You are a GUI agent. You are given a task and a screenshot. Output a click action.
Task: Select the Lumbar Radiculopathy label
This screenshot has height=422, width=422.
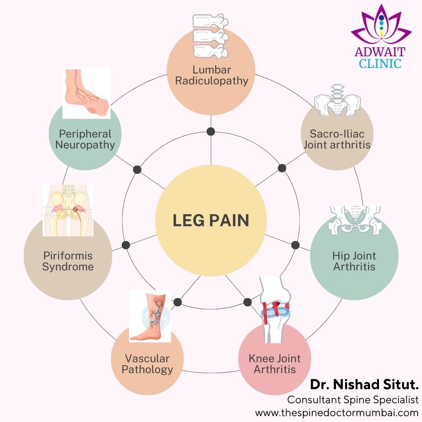click(x=211, y=75)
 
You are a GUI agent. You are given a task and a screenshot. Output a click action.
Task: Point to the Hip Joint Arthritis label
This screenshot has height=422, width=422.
click(x=354, y=261)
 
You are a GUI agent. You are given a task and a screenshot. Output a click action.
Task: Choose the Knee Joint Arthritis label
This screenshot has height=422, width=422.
click(x=275, y=363)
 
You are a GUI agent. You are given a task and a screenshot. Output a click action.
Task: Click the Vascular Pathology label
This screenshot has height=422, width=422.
click(x=147, y=364)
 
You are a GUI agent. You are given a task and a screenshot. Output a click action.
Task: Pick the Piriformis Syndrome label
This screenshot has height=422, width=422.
click(x=68, y=261)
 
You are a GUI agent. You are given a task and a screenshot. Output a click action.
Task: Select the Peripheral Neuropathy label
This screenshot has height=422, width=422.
click(x=85, y=139)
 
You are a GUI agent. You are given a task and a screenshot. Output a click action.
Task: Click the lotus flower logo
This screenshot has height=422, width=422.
click(x=381, y=24)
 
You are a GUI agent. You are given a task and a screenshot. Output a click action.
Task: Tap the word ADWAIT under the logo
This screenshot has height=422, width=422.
click(x=380, y=52)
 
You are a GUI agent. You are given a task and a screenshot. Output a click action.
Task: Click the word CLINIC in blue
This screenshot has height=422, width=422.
click(x=380, y=63)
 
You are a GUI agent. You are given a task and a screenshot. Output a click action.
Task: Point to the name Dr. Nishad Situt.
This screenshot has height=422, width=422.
click(x=364, y=384)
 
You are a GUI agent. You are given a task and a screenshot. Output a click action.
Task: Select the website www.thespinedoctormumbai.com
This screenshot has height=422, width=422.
click(x=337, y=413)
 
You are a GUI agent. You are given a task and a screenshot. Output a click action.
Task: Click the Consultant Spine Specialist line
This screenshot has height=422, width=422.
click(x=353, y=400)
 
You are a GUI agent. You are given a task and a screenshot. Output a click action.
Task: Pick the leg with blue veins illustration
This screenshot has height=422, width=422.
click(x=150, y=315)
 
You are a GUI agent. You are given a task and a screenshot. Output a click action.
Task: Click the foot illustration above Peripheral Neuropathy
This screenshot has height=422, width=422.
click(x=86, y=93)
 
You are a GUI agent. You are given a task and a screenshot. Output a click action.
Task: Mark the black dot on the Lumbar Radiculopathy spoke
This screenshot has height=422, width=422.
click(x=211, y=131)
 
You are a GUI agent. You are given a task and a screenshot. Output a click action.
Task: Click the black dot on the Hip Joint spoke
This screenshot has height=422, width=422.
click(x=295, y=245)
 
